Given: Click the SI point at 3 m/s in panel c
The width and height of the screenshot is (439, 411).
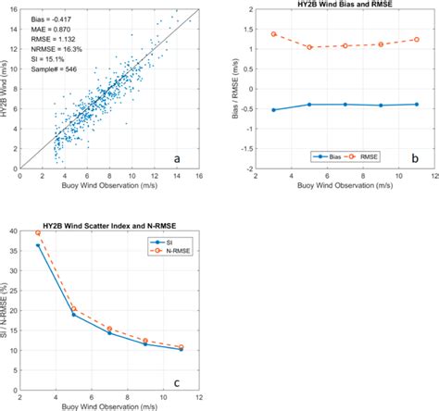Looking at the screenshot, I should point(38,245).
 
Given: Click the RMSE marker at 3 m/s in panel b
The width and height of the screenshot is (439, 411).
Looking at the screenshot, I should point(274,34).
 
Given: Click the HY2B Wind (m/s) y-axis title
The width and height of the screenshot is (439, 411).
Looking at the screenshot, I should point(7,88).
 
